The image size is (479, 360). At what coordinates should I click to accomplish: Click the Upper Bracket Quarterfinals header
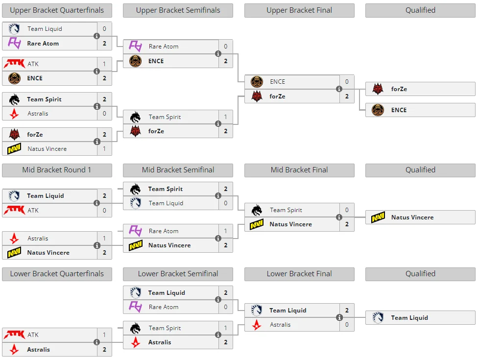pyautogui.click(x=57, y=10)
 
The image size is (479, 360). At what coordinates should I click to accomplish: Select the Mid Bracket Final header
pyautogui.click(x=299, y=170)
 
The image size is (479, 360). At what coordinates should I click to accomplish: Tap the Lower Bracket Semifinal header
pyautogui.click(x=178, y=274)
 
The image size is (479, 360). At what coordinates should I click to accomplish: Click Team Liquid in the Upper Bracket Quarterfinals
pyautogui.click(x=45, y=29)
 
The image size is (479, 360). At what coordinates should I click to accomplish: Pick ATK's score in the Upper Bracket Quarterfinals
pyautogui.click(x=104, y=64)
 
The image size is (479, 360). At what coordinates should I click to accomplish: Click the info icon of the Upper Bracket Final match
pyautogui.click(x=339, y=89)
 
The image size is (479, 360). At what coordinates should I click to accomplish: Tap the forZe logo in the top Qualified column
pyautogui.click(x=378, y=89)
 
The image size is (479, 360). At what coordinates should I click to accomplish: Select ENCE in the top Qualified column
pyautogui.click(x=399, y=110)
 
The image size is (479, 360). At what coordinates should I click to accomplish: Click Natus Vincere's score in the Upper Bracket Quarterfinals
pyautogui.click(x=104, y=149)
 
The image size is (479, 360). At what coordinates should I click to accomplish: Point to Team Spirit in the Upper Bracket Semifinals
pyautogui.click(x=165, y=117)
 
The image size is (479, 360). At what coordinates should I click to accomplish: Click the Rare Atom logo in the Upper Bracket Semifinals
pyautogui.click(x=135, y=47)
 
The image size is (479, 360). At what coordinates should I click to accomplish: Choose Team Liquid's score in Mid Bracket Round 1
pyautogui.click(x=104, y=196)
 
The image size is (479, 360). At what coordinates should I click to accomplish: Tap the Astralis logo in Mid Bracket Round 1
pyautogui.click(x=14, y=239)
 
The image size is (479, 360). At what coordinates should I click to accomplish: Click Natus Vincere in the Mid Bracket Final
pyautogui.click(x=290, y=224)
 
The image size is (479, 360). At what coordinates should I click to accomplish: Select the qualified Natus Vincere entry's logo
pyautogui.click(x=378, y=217)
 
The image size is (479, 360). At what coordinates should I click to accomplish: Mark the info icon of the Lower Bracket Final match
pyautogui.click(x=339, y=317)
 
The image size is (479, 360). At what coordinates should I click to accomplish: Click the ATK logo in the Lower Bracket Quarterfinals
pyautogui.click(x=14, y=335)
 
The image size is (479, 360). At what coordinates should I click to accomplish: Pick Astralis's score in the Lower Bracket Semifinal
pyautogui.click(x=226, y=342)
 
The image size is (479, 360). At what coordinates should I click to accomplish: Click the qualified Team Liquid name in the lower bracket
pyautogui.click(x=409, y=318)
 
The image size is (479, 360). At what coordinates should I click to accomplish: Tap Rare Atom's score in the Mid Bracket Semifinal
pyautogui.click(x=226, y=231)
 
